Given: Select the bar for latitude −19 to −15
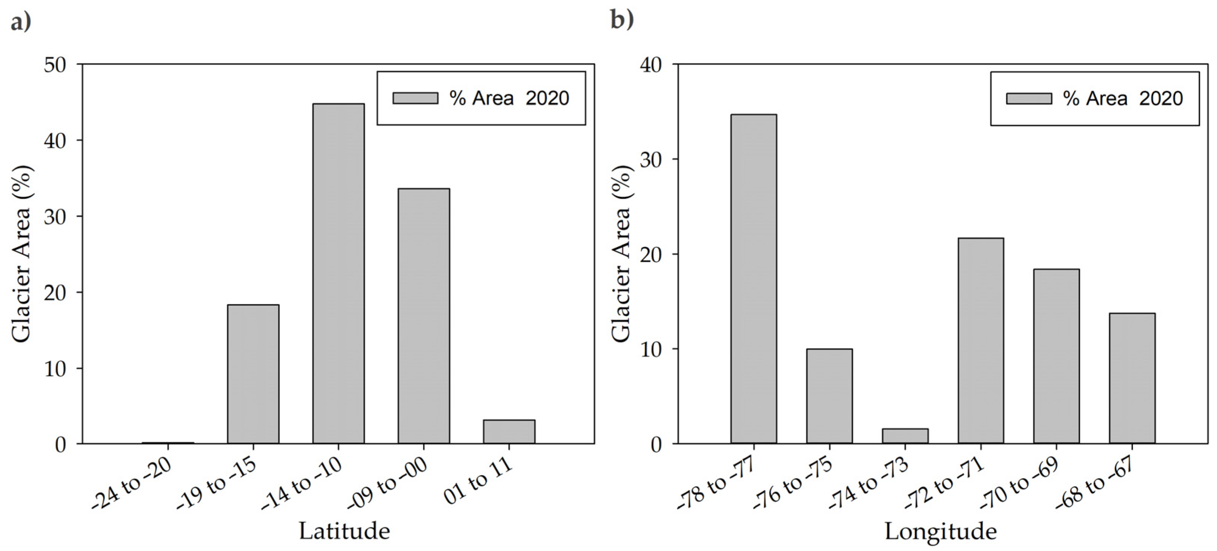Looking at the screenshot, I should pos(253,374).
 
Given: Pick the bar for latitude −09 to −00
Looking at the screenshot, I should pos(423,316).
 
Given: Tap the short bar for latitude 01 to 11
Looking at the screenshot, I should pos(509,431).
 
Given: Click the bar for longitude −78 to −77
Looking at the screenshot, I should pos(753,279).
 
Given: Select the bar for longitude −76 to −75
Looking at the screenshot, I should pos(829,396).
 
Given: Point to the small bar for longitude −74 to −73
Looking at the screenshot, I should pos(905,435).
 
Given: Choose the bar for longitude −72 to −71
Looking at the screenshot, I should pos(981,341).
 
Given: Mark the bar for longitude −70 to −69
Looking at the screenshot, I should pos(1056,356).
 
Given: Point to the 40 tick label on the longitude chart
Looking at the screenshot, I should pos(652,65).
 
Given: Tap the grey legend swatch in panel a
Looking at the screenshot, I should pos(415,98).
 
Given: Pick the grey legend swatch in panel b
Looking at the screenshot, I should pos(1028,98).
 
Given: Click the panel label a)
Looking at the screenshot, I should pos(21,21).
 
